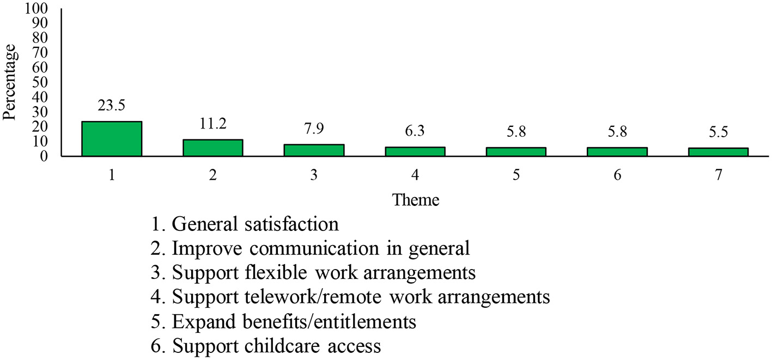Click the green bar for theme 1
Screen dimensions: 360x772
click(112, 139)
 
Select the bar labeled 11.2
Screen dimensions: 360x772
click(212, 148)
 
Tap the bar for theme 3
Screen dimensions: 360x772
click(314, 150)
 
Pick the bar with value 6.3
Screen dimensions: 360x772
click(415, 151)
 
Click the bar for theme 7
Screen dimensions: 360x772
click(718, 152)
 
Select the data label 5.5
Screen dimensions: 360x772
click(718, 133)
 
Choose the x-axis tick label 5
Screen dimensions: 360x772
click(516, 175)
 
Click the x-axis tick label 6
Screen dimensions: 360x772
click(617, 175)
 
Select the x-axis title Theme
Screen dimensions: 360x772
click(415, 200)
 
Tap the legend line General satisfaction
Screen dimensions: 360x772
click(246, 224)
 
